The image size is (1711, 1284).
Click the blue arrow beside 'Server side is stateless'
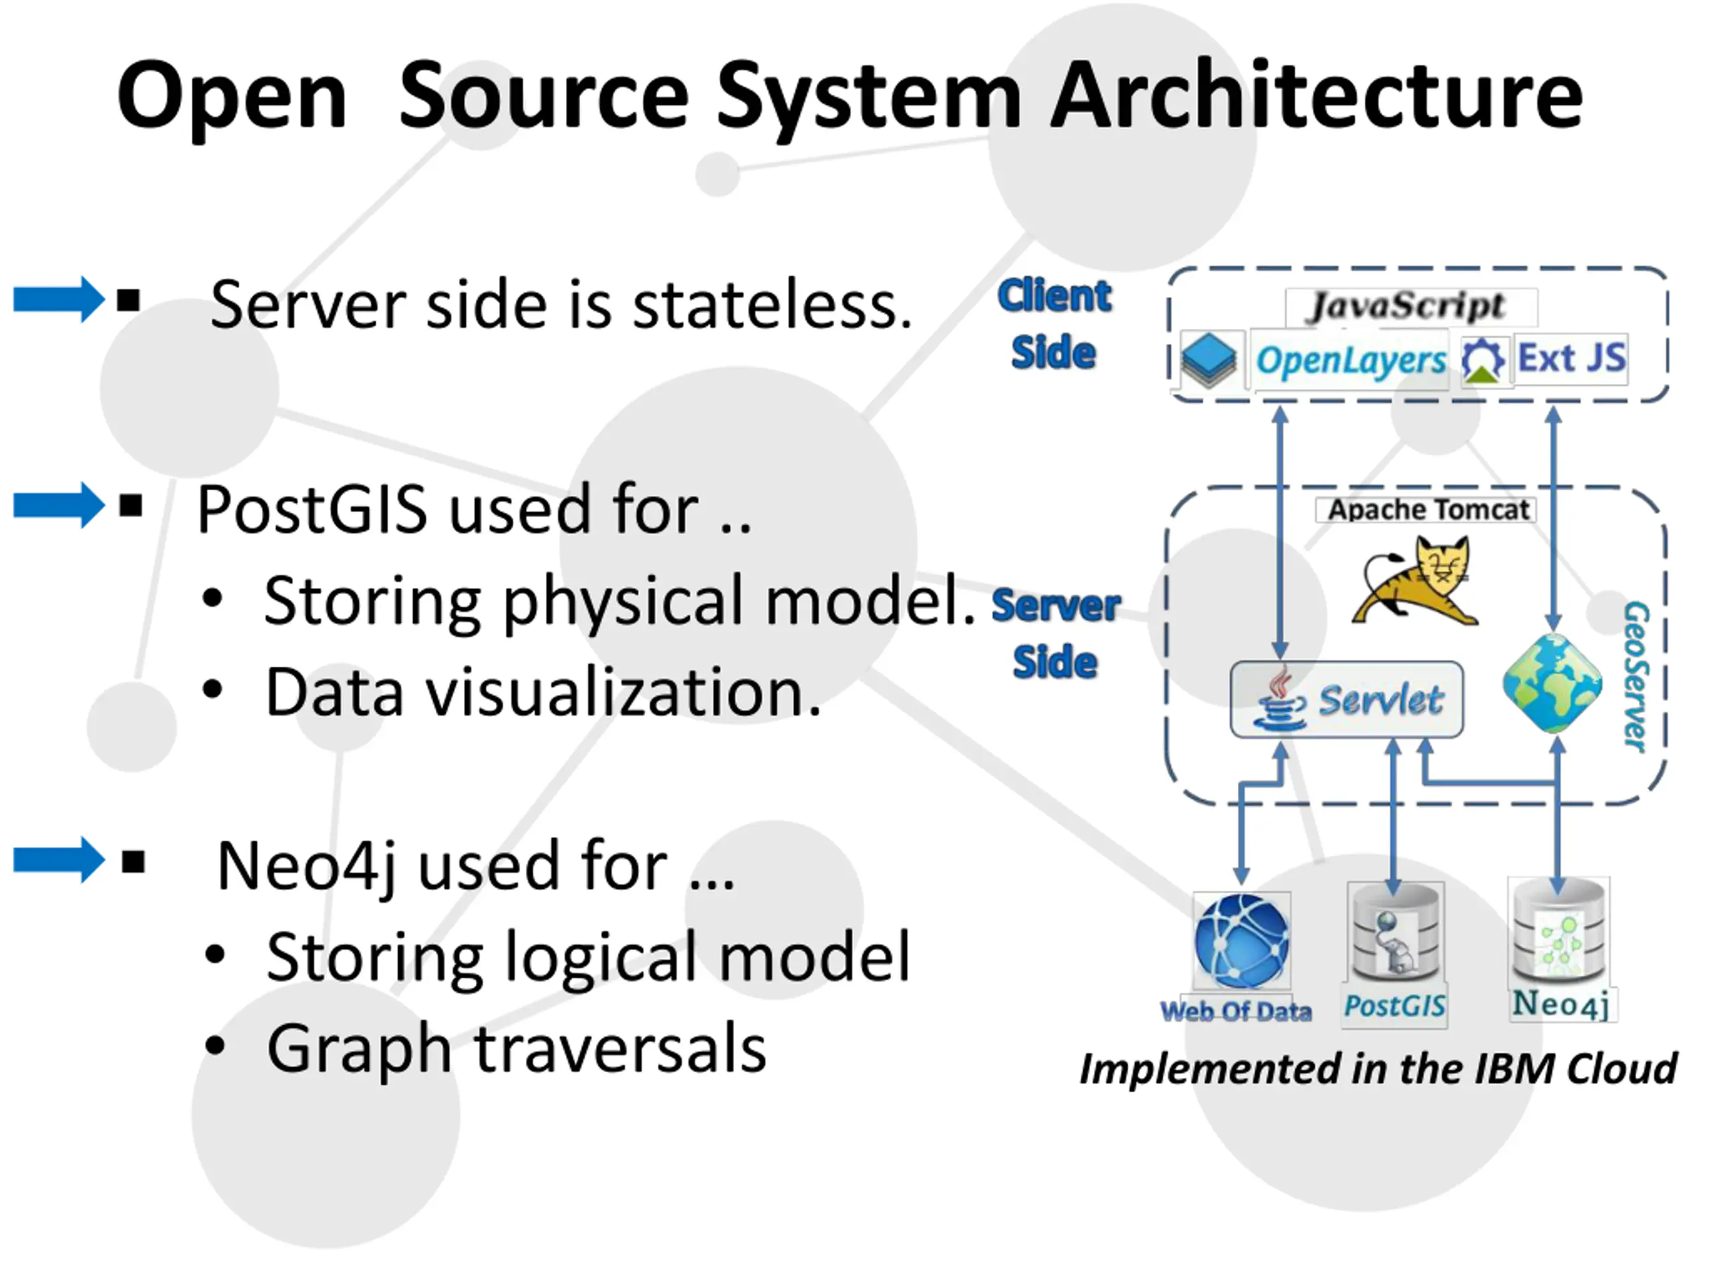(x=59, y=300)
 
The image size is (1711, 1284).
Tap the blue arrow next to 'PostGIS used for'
(x=59, y=506)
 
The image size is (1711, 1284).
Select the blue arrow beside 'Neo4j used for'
(x=59, y=860)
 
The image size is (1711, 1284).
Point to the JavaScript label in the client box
(x=1407, y=306)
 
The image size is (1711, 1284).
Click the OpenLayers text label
(x=1351, y=360)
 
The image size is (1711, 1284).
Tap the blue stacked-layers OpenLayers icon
(x=1210, y=358)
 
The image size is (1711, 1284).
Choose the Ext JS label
(x=1572, y=358)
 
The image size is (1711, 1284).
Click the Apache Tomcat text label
(x=1428, y=510)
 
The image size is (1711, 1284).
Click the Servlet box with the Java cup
(x=1347, y=699)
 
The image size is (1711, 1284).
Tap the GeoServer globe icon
(x=1553, y=683)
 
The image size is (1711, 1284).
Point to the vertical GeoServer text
(x=1635, y=677)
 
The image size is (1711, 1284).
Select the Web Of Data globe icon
(x=1242, y=941)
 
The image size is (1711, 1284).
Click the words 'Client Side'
(x=1053, y=324)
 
